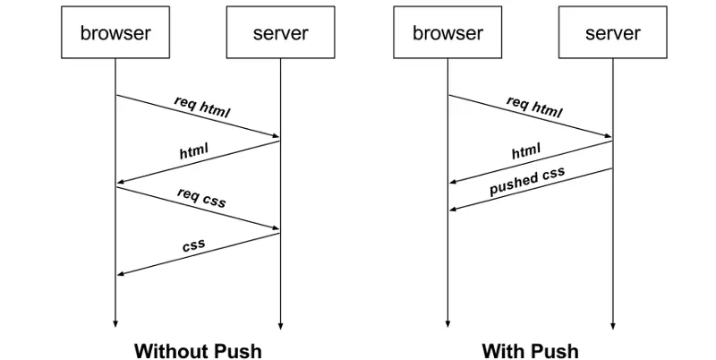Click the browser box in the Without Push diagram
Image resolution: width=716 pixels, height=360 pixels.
click(x=115, y=34)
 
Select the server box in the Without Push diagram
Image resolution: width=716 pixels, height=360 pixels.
click(x=280, y=34)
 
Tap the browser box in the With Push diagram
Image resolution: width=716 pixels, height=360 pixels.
click(x=447, y=34)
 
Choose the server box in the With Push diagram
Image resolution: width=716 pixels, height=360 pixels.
click(x=612, y=34)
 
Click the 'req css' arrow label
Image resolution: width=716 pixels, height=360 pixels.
click(x=201, y=197)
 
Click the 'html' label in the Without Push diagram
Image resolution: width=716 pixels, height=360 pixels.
click(x=193, y=151)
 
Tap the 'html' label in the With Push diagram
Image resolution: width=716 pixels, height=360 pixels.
click(x=526, y=152)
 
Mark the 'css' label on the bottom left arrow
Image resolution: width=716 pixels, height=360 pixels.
click(x=193, y=244)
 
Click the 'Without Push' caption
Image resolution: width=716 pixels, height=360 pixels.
click(x=198, y=349)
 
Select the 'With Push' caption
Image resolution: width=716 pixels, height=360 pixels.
click(x=530, y=349)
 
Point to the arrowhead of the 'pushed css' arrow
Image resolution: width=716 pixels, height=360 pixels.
click(x=452, y=210)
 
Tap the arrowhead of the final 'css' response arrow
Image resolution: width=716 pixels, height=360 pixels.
click(x=120, y=274)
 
